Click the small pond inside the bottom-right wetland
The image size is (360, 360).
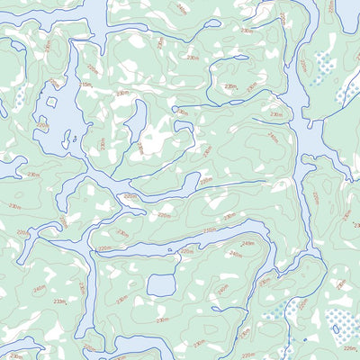point(304,339)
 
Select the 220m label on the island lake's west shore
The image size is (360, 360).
point(41,126)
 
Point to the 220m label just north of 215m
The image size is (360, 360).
point(91,67)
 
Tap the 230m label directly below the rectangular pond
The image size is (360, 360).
point(163,319)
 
